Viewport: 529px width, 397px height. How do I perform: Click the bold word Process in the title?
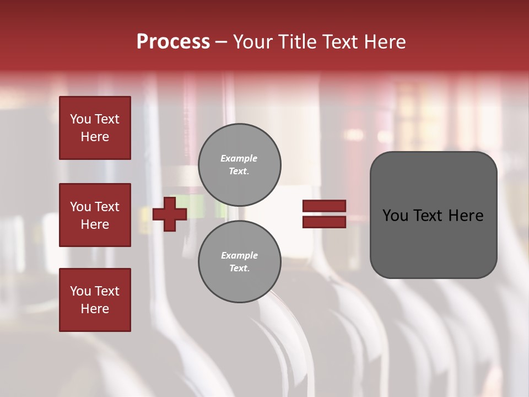pyautogui.click(x=173, y=42)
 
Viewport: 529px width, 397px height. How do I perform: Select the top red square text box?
pyautogui.click(x=95, y=128)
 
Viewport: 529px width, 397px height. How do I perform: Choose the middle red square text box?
pyautogui.click(x=95, y=215)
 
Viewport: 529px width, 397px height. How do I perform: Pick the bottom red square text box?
pyautogui.click(x=95, y=300)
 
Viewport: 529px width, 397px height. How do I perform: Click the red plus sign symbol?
pyautogui.click(x=170, y=214)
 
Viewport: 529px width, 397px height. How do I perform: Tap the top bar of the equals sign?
pyautogui.click(x=324, y=206)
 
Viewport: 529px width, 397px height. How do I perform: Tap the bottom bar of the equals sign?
pyautogui.click(x=324, y=222)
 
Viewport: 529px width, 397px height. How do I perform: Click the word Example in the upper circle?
pyautogui.click(x=239, y=158)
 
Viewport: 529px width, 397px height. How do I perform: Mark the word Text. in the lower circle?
pyautogui.click(x=240, y=268)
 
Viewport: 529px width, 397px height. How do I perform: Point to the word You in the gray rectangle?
pyautogui.click(x=395, y=216)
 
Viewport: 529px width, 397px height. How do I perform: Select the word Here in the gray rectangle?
pyautogui.click(x=466, y=216)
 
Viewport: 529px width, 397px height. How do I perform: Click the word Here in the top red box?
pyautogui.click(x=95, y=137)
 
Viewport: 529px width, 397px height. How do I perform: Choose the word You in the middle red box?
pyautogui.click(x=80, y=207)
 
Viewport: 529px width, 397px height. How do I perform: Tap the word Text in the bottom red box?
pyautogui.click(x=106, y=291)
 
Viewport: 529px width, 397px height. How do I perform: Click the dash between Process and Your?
pyautogui.click(x=222, y=42)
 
